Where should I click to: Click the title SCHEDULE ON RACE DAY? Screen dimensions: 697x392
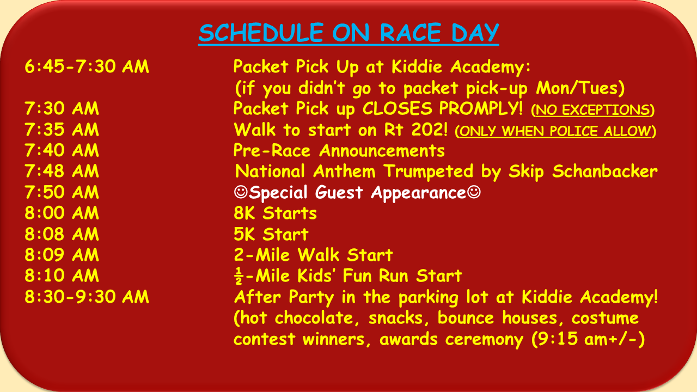(x=348, y=33)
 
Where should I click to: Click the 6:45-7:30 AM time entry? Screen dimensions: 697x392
(x=87, y=66)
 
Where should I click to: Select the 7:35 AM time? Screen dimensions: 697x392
(x=62, y=130)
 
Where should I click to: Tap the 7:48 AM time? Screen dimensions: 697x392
(x=62, y=171)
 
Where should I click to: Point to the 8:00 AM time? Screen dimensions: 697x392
(x=62, y=213)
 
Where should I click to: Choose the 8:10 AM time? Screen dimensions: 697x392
(x=62, y=275)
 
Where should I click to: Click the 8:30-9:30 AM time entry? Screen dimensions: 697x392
(x=87, y=297)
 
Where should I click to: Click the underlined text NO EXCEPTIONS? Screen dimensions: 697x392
(x=593, y=110)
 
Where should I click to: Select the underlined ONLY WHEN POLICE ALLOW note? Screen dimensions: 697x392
(x=555, y=131)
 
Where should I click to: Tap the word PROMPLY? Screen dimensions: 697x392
(x=481, y=108)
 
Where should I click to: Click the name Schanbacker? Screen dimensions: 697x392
(x=605, y=171)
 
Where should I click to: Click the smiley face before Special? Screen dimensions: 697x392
(x=241, y=192)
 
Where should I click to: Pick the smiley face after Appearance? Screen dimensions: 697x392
(x=474, y=192)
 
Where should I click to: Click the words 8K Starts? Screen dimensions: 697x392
(x=275, y=213)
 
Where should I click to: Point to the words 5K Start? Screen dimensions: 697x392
(x=271, y=234)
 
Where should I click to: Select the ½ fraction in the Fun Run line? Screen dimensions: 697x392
(x=239, y=276)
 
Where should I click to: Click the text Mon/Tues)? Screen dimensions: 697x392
(x=580, y=88)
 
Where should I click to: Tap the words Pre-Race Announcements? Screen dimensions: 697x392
(x=339, y=151)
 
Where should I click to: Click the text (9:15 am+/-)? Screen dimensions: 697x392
(x=588, y=339)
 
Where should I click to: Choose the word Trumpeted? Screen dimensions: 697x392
(x=428, y=171)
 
